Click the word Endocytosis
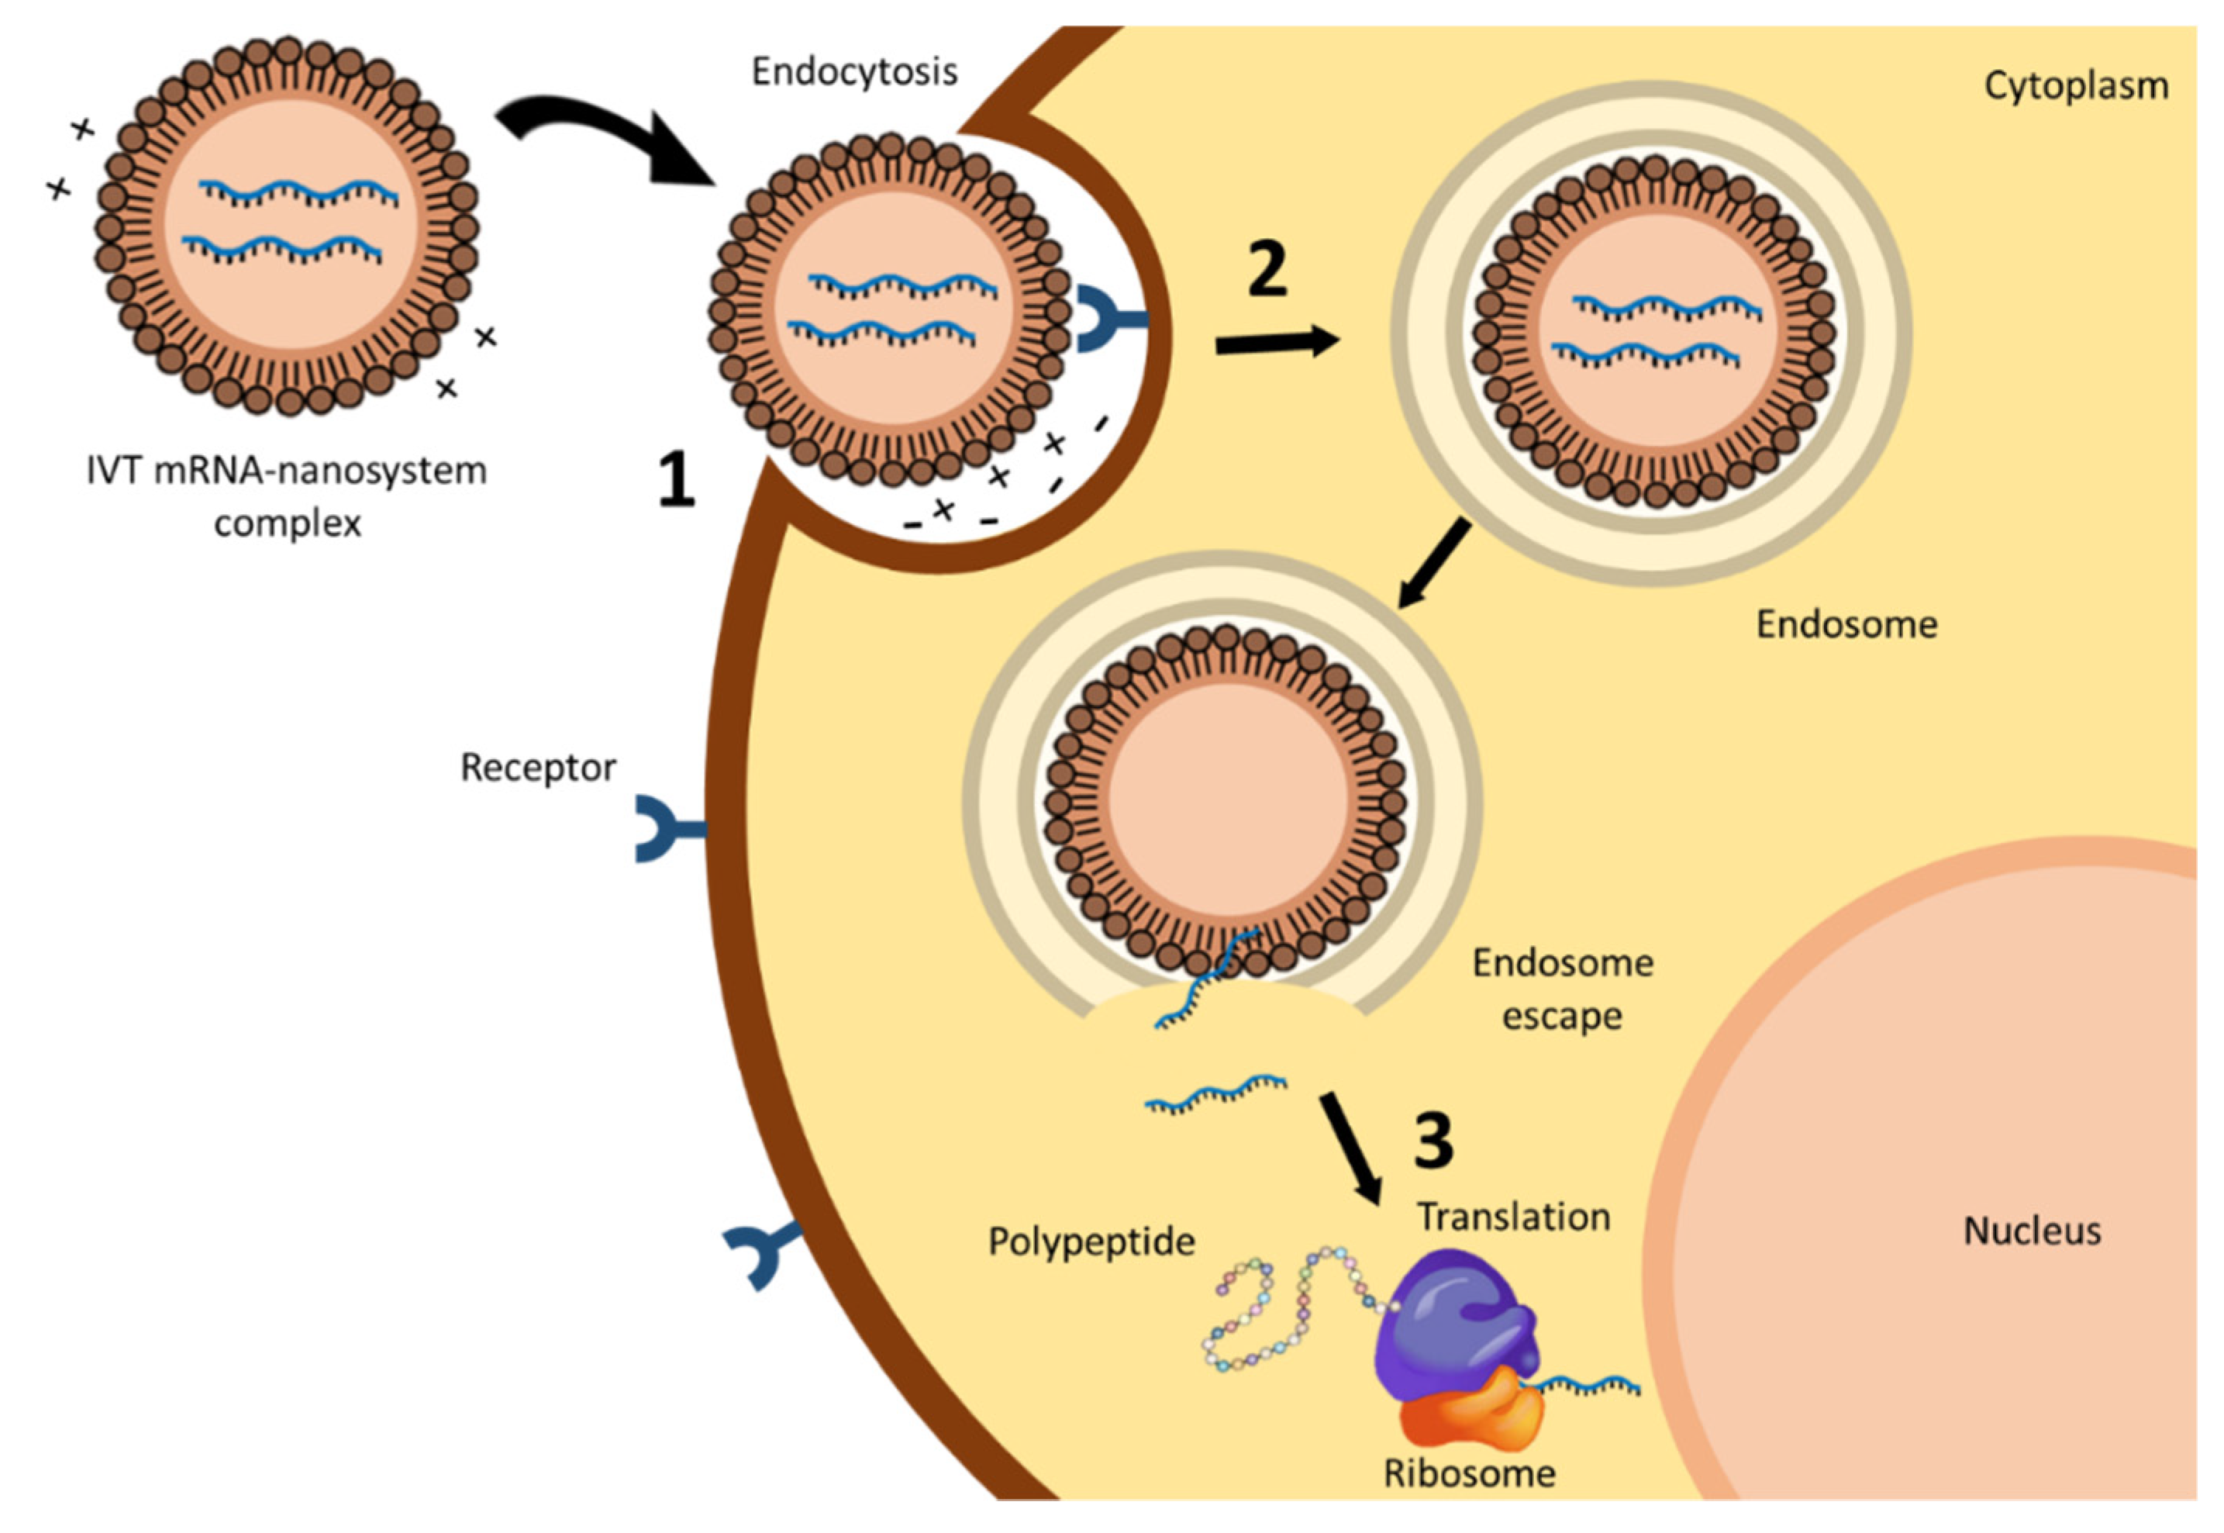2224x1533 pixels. click(x=853, y=72)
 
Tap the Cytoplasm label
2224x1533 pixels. click(x=2076, y=86)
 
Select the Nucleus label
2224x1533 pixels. click(x=2032, y=1231)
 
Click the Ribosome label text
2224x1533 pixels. click(x=1469, y=1473)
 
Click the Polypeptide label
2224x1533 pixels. click(x=1091, y=1242)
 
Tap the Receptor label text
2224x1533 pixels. click(x=538, y=768)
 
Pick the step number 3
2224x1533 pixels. click(x=1433, y=1141)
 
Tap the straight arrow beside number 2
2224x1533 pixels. click(x=1278, y=343)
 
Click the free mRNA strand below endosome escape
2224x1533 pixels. click(x=1215, y=1092)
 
